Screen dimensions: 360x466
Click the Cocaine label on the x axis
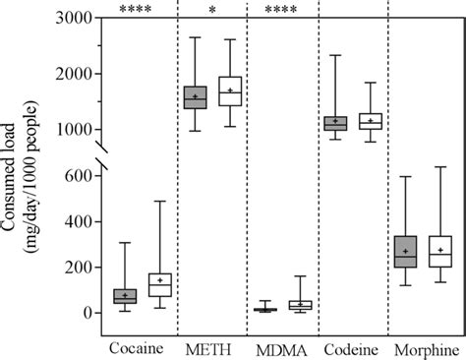coord(136,349)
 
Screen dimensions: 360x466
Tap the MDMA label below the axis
coord(279,349)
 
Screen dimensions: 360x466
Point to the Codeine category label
coord(351,349)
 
